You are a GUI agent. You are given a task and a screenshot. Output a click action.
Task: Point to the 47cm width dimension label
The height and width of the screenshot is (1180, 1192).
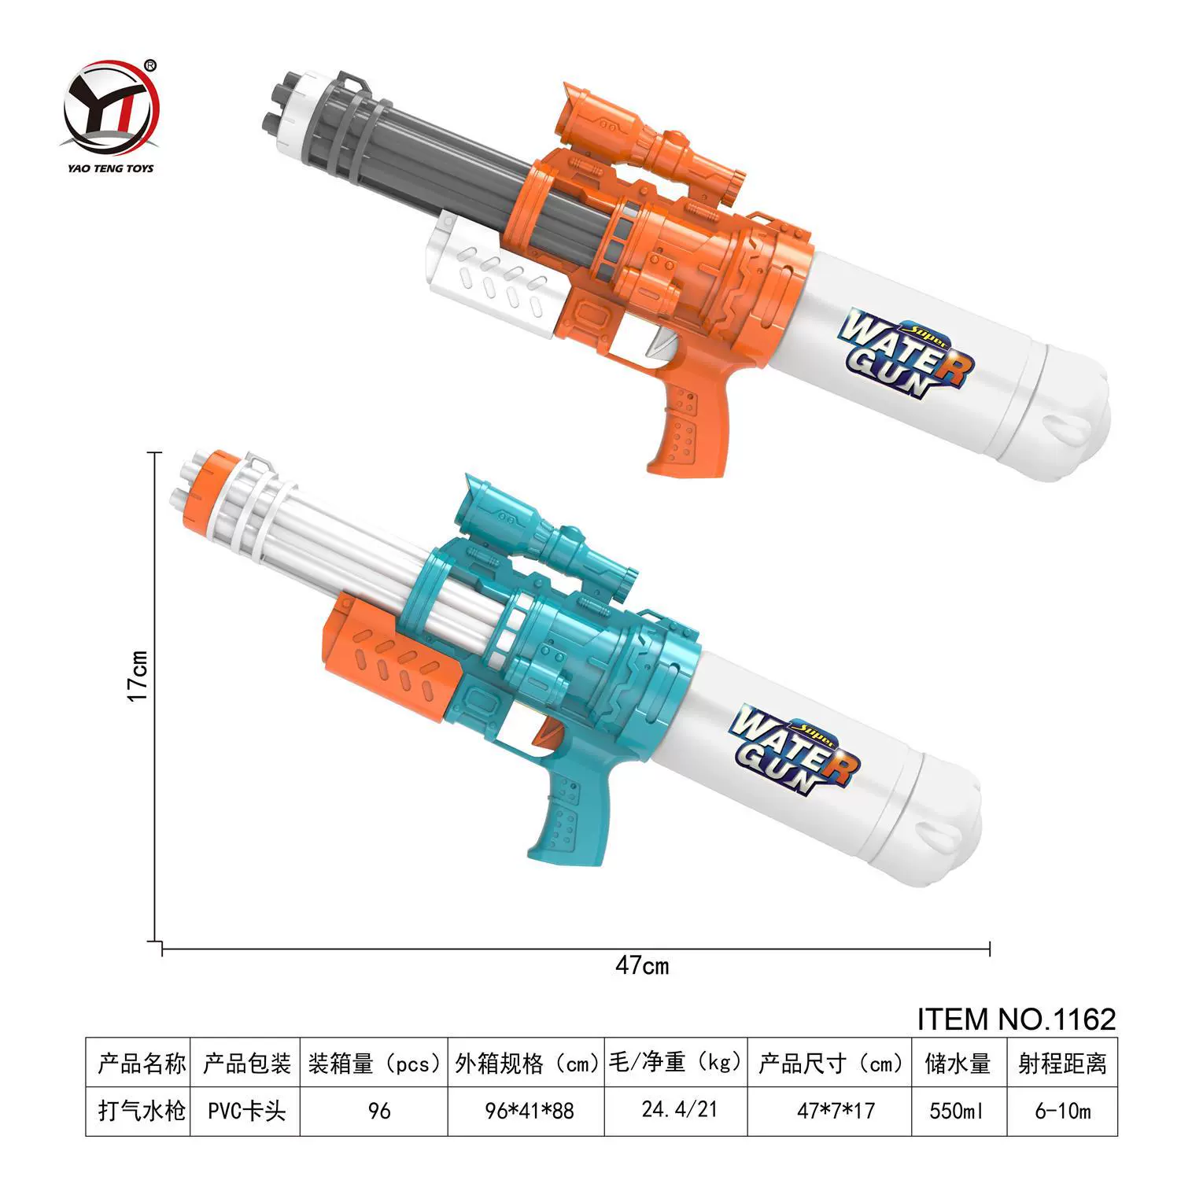[x=642, y=964]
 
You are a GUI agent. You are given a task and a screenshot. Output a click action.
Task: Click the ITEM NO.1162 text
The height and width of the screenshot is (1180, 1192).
[x=1017, y=1020]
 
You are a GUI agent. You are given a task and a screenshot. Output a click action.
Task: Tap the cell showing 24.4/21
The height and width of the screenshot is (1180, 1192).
[x=679, y=1110]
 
